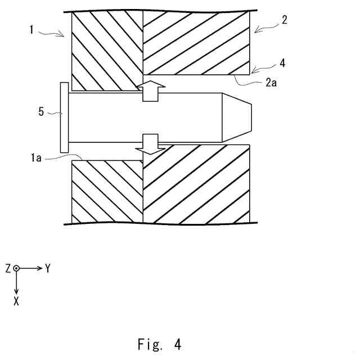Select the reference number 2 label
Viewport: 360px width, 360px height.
pyautogui.click(x=285, y=20)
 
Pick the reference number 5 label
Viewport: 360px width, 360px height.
pyautogui.click(x=41, y=111)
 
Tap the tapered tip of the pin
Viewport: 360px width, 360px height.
pyautogui.click(x=238, y=117)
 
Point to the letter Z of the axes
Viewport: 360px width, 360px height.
pyautogui.click(x=8, y=269)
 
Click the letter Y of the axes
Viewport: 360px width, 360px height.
pyautogui.click(x=48, y=269)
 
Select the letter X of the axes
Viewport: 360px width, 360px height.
pyautogui.click(x=16, y=301)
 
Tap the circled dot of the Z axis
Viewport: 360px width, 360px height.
pyautogui.click(x=17, y=269)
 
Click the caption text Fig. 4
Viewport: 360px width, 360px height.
pyautogui.click(x=160, y=343)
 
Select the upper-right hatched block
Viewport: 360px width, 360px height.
pyautogui.click(x=196, y=44)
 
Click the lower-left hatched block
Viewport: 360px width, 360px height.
pyautogui.click(x=107, y=191)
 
